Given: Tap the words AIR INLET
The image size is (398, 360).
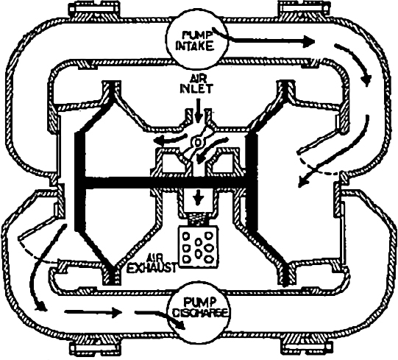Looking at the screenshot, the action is tap(196, 85).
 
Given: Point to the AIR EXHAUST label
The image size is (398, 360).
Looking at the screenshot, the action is tap(152, 264).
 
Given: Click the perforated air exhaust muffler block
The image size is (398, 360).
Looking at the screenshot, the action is tap(199, 247).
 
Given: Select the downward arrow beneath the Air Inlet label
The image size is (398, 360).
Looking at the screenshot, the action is tap(198, 110).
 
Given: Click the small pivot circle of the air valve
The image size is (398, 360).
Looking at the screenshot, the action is tap(197, 142).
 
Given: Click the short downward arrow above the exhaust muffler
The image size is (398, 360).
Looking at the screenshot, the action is tap(198, 197).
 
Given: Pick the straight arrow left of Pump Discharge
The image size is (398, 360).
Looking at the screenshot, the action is tap(93, 312).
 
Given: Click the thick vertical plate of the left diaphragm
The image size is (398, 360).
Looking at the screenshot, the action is tap(79, 181).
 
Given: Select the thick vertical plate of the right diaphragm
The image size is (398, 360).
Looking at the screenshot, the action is tap(252, 182).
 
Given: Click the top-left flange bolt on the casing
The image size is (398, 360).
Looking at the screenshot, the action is tap(93, 9).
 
